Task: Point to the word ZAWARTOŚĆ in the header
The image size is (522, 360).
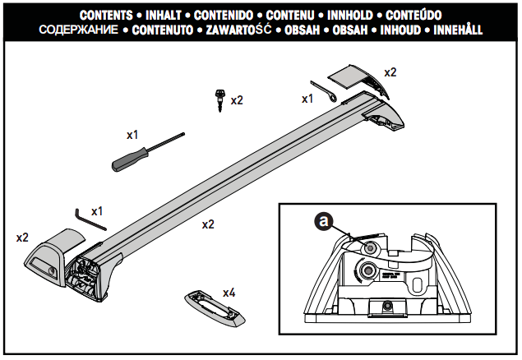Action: click(238, 30)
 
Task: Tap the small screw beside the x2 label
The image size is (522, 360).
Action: click(219, 100)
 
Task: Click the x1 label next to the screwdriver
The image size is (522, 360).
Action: click(132, 132)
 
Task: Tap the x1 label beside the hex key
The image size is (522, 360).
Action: click(97, 210)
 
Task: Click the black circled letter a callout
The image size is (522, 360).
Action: click(326, 221)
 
